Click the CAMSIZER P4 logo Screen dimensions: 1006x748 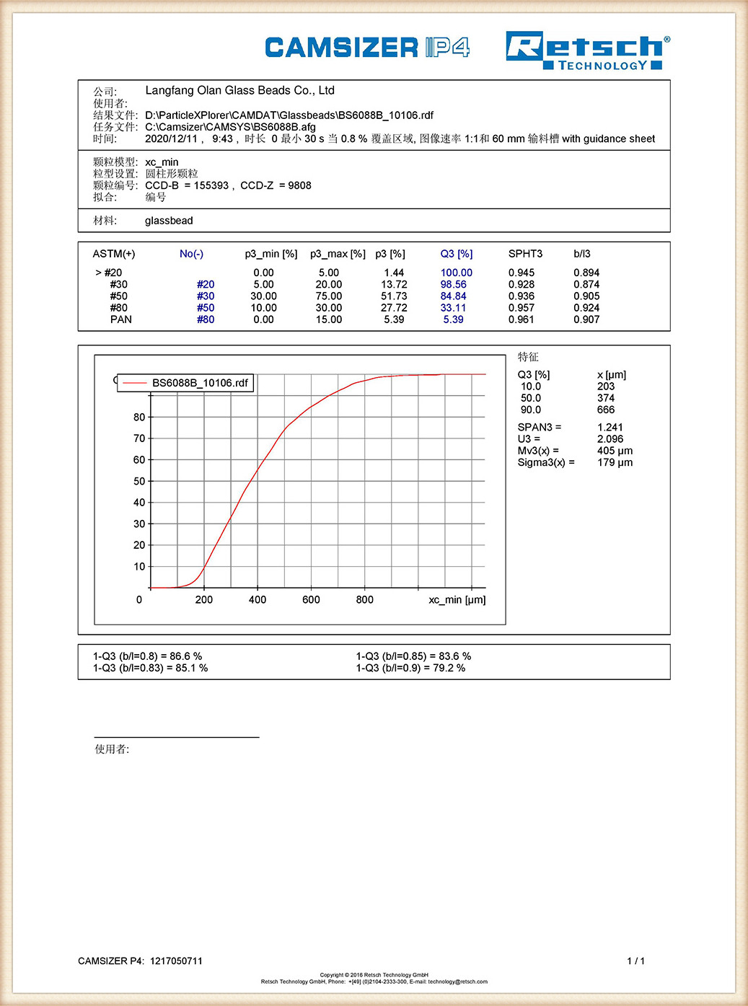(x=367, y=48)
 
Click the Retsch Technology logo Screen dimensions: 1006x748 (x=587, y=50)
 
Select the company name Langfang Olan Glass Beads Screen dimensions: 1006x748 (x=239, y=91)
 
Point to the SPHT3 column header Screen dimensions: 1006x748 (x=525, y=254)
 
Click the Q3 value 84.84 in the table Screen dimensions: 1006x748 (x=453, y=296)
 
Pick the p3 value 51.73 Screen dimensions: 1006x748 (x=394, y=296)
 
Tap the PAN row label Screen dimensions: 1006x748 (x=121, y=319)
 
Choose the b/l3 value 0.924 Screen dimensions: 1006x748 (x=586, y=308)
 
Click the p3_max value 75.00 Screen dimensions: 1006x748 (x=329, y=296)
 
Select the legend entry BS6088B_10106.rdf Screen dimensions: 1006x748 (x=200, y=383)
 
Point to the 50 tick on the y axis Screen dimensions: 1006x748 (x=139, y=481)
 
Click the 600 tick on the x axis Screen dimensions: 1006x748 (x=311, y=600)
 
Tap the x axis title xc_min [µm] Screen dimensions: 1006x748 (x=457, y=600)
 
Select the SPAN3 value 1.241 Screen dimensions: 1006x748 (x=610, y=428)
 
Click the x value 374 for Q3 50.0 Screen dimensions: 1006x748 (x=606, y=398)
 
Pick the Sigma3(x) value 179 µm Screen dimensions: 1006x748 (x=615, y=462)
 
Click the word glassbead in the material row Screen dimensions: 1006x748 (x=169, y=221)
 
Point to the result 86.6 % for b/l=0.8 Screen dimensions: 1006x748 (x=186, y=656)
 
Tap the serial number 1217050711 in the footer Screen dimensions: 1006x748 (x=176, y=961)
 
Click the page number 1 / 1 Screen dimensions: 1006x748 (x=635, y=961)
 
